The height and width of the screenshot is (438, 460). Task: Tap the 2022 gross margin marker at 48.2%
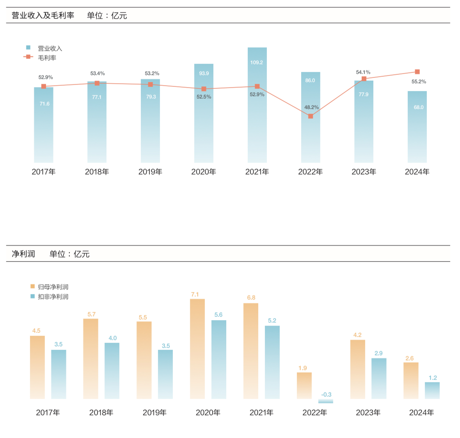(x=311, y=116)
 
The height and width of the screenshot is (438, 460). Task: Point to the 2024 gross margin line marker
(x=417, y=72)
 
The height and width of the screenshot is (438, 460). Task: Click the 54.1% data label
(x=363, y=72)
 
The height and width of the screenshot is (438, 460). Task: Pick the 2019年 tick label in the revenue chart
(x=150, y=172)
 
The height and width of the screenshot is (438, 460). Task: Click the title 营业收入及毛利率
(x=43, y=16)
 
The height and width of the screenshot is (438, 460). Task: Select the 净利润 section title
(x=23, y=254)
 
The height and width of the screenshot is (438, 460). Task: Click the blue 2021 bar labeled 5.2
(x=272, y=362)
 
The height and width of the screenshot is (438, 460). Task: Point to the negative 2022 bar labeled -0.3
(x=326, y=401)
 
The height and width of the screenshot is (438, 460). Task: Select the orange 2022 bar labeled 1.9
(x=304, y=385)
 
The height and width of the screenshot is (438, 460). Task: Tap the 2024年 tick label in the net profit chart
(x=421, y=413)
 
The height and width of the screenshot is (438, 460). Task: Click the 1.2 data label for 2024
(x=433, y=378)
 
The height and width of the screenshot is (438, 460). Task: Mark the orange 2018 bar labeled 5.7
(x=91, y=359)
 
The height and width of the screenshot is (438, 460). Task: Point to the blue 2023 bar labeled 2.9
(x=379, y=378)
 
